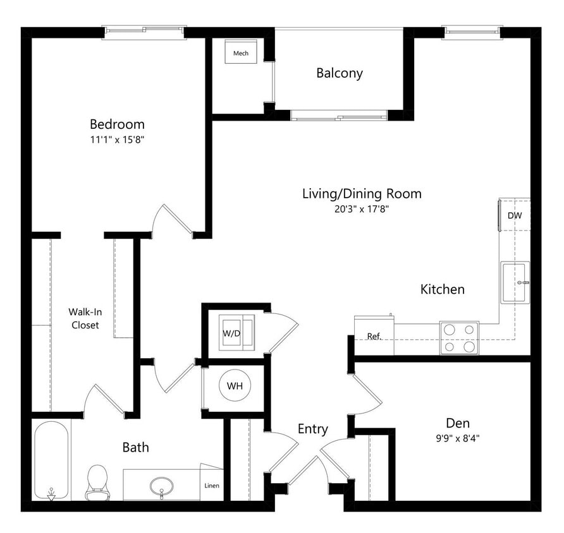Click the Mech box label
pyautogui.click(x=240, y=54)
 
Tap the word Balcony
pyautogui.click(x=340, y=73)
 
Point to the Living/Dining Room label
pyautogui.click(x=361, y=194)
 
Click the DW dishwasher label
pyautogui.click(x=514, y=215)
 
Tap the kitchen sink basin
pyautogui.click(x=516, y=282)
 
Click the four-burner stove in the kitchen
pyautogui.click(x=459, y=338)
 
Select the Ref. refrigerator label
pyautogui.click(x=374, y=337)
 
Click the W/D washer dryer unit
pyautogui.click(x=236, y=331)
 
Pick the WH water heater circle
pyautogui.click(x=235, y=386)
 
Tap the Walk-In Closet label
pyautogui.click(x=84, y=318)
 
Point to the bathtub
pyautogui.click(x=51, y=459)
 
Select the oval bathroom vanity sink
pyautogui.click(x=162, y=486)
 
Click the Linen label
pyautogui.click(x=212, y=486)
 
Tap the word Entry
pyautogui.click(x=313, y=429)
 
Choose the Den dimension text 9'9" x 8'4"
pyautogui.click(x=457, y=437)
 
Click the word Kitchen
pyautogui.click(x=443, y=290)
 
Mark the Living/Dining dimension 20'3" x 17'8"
pyautogui.click(x=361, y=210)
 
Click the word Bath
pyautogui.click(x=135, y=448)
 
